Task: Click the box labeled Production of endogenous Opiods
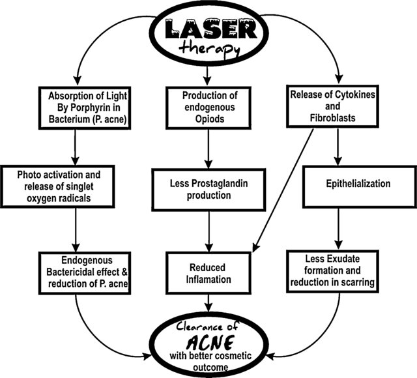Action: [208, 107]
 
